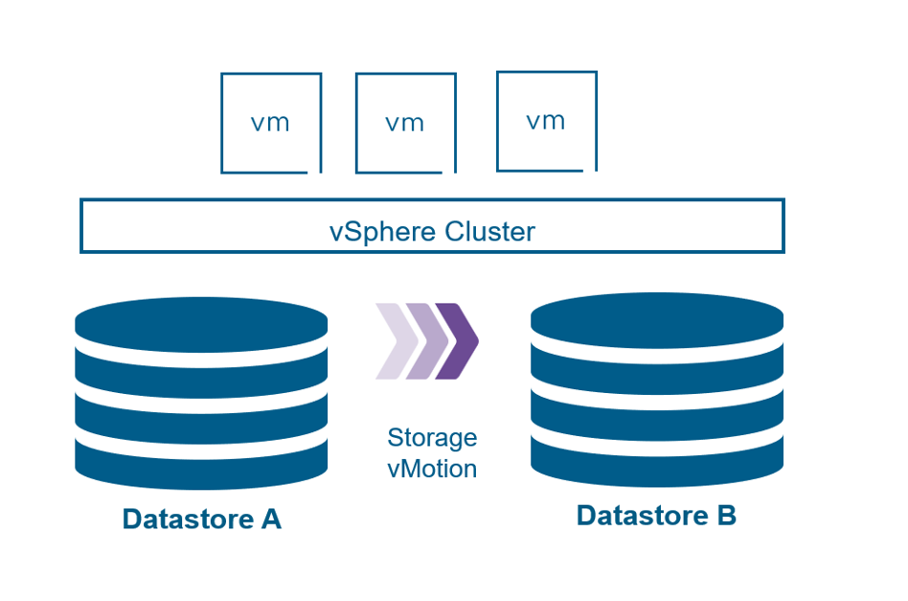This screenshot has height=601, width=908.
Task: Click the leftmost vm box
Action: tap(270, 123)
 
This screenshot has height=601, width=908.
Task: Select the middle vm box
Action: tap(405, 123)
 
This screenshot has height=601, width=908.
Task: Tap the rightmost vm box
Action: tap(546, 121)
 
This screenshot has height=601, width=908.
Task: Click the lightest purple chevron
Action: tap(395, 341)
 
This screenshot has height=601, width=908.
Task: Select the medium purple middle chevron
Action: tap(424, 341)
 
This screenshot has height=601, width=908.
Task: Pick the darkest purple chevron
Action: tap(457, 341)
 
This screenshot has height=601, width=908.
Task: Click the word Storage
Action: tap(432, 438)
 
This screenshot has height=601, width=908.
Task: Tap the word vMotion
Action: tap(432, 469)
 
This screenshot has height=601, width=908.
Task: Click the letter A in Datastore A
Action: tap(270, 520)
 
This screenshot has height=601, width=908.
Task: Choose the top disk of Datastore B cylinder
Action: tap(657, 319)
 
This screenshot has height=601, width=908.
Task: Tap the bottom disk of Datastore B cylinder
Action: tap(657, 461)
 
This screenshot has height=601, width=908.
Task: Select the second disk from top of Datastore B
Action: tap(657, 367)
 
